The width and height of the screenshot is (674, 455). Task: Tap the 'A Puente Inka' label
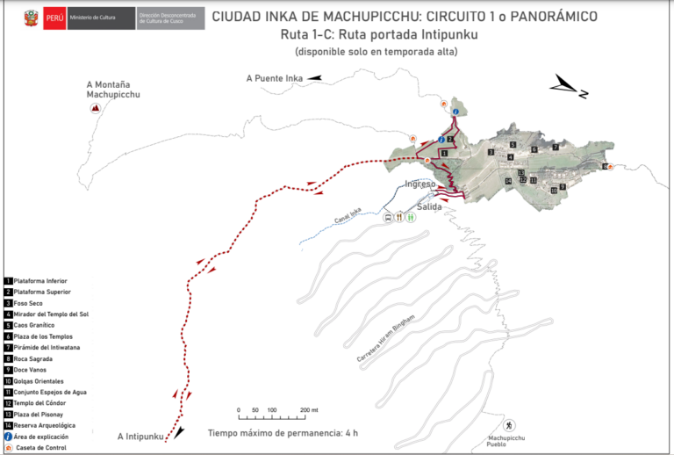click(x=274, y=78)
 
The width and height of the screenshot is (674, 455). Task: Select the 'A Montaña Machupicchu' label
click(x=113, y=88)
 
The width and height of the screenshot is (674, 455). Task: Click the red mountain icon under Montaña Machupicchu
click(x=96, y=108)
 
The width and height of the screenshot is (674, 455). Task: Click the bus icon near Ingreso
click(x=387, y=217)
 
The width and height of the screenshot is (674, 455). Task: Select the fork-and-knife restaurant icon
click(x=398, y=217)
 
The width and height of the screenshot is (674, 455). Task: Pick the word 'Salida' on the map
click(x=429, y=207)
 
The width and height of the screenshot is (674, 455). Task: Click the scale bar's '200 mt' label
click(x=308, y=410)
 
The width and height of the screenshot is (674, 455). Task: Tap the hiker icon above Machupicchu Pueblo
click(x=508, y=425)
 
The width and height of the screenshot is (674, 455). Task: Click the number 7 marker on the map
click(x=556, y=148)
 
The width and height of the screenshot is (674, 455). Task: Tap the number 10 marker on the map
click(x=554, y=190)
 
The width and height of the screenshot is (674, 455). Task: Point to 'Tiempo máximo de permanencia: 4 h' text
click(x=283, y=433)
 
